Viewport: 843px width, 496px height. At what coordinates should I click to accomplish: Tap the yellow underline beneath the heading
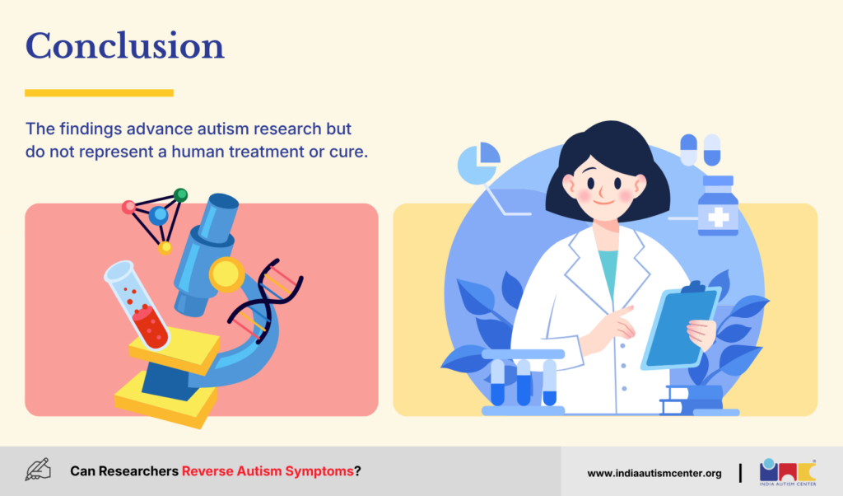99,93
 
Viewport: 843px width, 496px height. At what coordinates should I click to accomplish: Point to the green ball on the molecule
180,194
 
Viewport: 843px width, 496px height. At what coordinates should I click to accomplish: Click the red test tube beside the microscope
137,305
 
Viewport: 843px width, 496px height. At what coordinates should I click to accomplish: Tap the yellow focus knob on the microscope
226,274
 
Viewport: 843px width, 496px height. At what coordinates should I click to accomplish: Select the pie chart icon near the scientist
478,163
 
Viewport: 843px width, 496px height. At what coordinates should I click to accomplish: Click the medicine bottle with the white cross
718,206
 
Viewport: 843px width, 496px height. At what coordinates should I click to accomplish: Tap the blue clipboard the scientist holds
680,326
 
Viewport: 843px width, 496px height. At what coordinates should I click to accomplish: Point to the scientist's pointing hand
612,327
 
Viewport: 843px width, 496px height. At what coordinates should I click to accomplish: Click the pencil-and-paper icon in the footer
38,470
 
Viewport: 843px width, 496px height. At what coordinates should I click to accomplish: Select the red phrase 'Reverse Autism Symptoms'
268,471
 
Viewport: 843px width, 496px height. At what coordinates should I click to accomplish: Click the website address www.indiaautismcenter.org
654,474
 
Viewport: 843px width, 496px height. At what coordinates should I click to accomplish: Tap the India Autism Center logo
788,472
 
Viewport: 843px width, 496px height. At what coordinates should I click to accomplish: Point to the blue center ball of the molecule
158,216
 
